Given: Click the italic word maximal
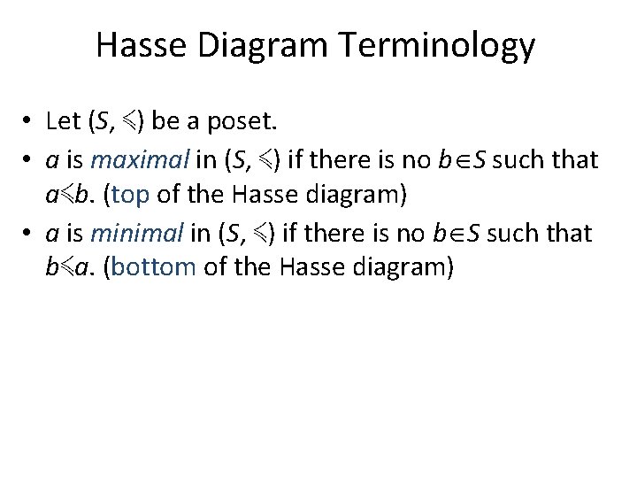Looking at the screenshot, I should click(140, 159).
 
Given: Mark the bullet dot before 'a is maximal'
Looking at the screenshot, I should click(29, 160).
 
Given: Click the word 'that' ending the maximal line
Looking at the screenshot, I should click(575, 159).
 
